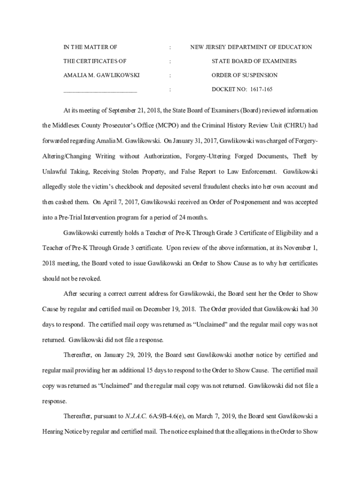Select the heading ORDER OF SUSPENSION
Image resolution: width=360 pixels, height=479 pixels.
coord(245,75)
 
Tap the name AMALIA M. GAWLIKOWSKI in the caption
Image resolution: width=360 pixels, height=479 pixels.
coord(101,75)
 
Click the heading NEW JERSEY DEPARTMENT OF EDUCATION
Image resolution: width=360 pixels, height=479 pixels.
coord(251,47)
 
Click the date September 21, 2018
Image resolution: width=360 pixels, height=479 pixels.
coord(135,110)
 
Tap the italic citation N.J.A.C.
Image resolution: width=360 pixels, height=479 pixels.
coord(136,415)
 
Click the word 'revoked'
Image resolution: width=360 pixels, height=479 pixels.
coord(89,278)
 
